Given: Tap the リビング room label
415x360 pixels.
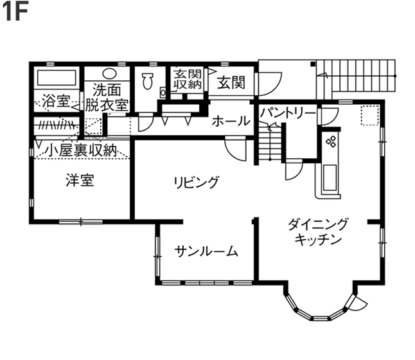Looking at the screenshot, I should coord(196,182).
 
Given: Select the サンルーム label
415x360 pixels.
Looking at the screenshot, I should coord(207,251).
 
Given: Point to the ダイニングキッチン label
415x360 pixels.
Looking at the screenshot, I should coord(318,232).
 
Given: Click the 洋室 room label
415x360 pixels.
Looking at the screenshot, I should coord(80,181).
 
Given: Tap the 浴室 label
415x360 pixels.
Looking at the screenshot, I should coord(56,101).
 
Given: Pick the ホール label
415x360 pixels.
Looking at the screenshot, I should coord(231,120).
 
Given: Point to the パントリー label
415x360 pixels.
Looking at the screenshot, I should coord(287,113).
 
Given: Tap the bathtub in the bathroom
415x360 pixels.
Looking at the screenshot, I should coord(57,78).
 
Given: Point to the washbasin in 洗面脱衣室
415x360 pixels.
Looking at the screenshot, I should coord(109,73).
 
